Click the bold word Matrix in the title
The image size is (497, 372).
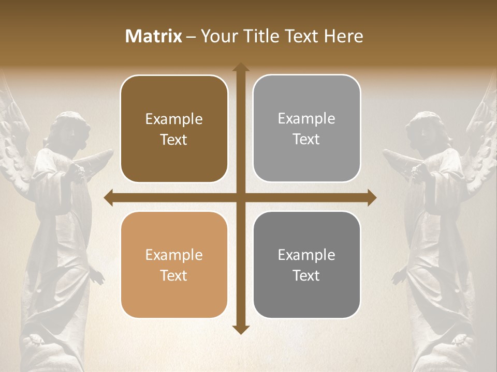pos(154,36)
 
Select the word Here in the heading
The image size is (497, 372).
pos(343,36)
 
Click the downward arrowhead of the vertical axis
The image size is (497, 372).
pos(240,329)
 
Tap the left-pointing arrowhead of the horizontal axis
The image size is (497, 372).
pos(108,198)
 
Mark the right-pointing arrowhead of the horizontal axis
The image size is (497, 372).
pos(372,198)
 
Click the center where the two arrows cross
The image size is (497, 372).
pos(240,198)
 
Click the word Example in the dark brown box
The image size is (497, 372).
pos(174,119)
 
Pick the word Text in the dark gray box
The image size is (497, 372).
pos(306,275)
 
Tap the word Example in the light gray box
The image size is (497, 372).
pos(306,119)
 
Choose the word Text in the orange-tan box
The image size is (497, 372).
pos(174,275)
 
